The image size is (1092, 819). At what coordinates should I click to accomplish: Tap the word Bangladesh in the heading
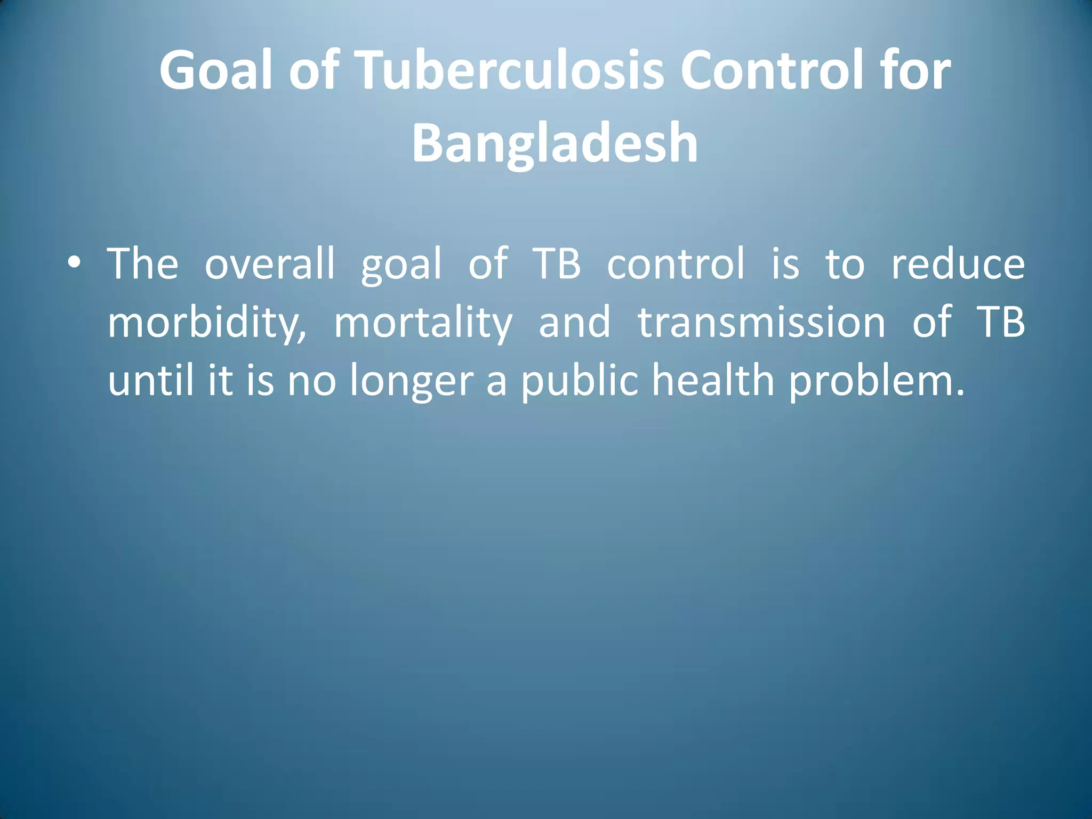(555, 142)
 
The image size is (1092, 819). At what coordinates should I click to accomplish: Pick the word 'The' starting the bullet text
(142, 264)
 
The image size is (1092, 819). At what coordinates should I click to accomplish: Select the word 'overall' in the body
(270, 264)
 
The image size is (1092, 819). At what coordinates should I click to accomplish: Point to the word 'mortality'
(423, 323)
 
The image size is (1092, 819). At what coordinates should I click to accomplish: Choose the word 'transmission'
(761, 323)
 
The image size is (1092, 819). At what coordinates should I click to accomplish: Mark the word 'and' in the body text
(574, 323)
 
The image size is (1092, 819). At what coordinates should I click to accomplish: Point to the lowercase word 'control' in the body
(676, 264)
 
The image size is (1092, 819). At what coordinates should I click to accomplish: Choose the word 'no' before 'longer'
(312, 382)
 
